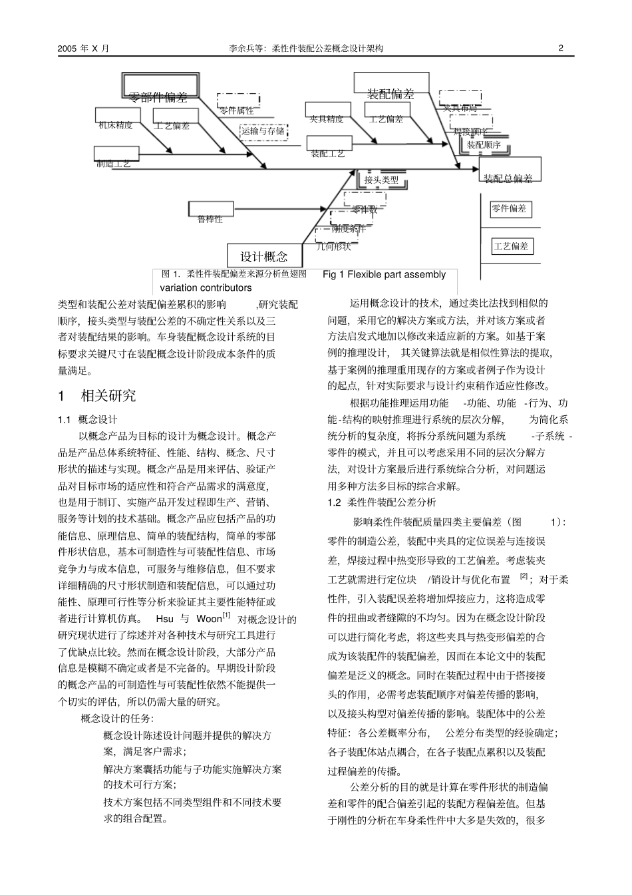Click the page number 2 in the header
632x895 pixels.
561,48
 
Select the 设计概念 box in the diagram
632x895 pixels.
264,256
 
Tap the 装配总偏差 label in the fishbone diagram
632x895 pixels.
508,178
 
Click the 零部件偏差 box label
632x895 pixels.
158,97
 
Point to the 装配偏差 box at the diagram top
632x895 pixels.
391,94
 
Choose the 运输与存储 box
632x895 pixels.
263,131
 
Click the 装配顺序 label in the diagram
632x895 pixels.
483,144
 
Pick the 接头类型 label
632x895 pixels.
381,180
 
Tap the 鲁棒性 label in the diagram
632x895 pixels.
210,218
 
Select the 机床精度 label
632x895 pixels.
116,125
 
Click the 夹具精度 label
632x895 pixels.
326,119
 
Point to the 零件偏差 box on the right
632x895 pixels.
509,209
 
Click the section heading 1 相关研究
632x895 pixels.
97,396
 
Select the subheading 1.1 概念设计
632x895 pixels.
88,419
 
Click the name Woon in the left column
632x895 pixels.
209,620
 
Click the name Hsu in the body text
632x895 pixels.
164,620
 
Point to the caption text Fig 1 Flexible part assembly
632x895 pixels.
384,274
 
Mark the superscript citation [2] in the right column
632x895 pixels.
524,576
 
